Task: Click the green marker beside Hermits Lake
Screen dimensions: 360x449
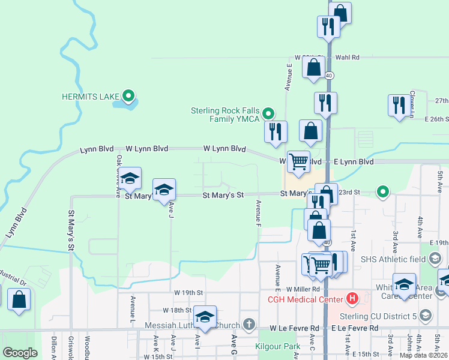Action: coord(128,95)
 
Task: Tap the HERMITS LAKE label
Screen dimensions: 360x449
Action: coord(90,96)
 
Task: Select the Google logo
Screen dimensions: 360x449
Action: coord(20,353)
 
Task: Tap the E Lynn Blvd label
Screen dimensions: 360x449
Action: coord(354,162)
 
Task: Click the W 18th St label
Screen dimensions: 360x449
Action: coord(177,310)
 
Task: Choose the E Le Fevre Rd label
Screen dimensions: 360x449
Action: coord(355,328)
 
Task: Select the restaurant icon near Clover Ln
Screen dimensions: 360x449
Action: coord(399,106)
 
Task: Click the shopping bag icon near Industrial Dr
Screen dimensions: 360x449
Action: coord(19,299)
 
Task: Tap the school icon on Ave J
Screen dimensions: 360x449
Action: coord(164,190)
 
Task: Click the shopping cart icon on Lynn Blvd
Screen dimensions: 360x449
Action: coord(298,161)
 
